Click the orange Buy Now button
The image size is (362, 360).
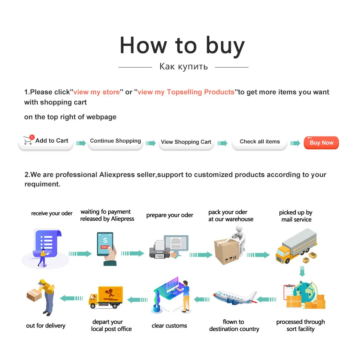(x=321, y=143)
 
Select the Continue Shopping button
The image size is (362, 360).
(x=115, y=141)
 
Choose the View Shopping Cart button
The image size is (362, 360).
(x=186, y=142)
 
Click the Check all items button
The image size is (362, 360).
(x=260, y=142)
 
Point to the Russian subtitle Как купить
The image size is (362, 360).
(x=184, y=67)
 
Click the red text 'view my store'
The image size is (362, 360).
(x=97, y=92)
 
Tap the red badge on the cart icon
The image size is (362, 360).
(x=32, y=137)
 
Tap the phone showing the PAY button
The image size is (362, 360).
(x=105, y=245)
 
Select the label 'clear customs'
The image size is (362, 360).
(x=169, y=326)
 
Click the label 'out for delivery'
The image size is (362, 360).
(x=46, y=326)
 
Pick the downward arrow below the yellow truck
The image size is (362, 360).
(x=302, y=271)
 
